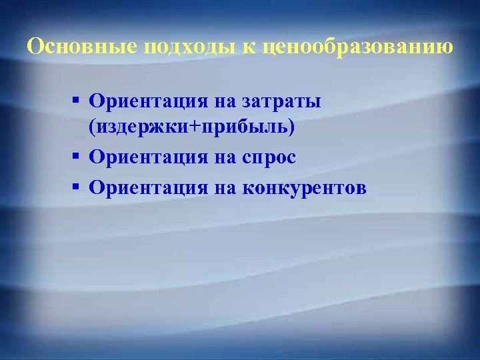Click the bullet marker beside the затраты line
coord(77,100)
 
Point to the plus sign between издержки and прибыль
coord(178,127)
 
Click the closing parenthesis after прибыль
coord(290,127)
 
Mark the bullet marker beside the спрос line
coord(77,156)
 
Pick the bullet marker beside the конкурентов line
coord(77,186)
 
